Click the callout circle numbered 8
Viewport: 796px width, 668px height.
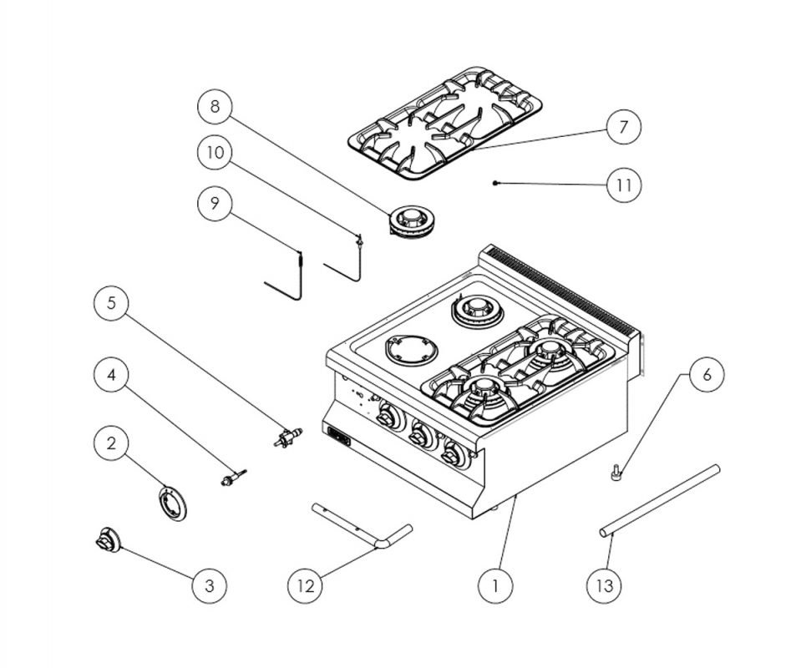(x=215, y=106)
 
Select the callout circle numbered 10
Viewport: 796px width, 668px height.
(x=215, y=153)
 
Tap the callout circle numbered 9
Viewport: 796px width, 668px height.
(x=215, y=203)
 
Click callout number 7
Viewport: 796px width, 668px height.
(x=623, y=128)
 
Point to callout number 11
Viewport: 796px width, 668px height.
(x=623, y=185)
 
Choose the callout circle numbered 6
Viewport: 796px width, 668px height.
(x=707, y=374)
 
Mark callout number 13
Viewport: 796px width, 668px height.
(x=604, y=585)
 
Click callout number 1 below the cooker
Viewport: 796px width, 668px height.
(x=496, y=585)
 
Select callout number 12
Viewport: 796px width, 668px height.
(x=306, y=585)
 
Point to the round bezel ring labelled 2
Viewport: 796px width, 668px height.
(x=171, y=504)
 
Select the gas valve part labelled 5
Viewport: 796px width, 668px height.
(x=288, y=436)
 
